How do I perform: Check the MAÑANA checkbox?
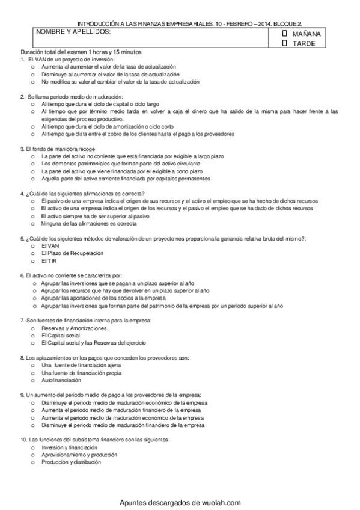pos(285,34)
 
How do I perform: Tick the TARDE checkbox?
pos(285,43)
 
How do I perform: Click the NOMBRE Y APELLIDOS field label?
pos(72,31)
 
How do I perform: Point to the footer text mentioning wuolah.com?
pos(180,502)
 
